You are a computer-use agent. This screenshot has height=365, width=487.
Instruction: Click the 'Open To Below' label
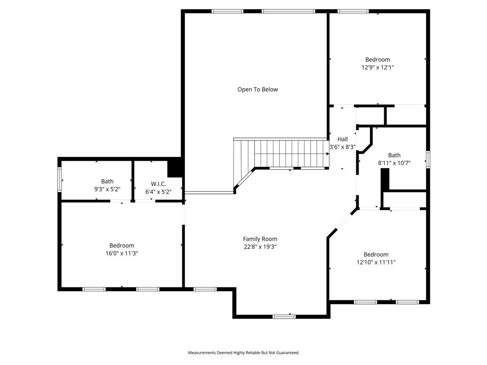click(257, 89)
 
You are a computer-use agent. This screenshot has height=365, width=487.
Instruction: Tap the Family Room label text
click(260, 239)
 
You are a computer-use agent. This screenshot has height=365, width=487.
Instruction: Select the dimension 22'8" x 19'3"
click(260, 247)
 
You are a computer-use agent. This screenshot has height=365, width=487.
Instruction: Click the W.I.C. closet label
click(158, 183)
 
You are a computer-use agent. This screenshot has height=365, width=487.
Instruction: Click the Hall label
click(342, 139)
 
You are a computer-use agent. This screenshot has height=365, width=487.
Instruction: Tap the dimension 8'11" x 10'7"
click(394, 163)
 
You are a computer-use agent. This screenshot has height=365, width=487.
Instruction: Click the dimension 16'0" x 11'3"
click(122, 253)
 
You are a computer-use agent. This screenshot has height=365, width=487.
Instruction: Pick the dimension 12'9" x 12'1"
click(378, 67)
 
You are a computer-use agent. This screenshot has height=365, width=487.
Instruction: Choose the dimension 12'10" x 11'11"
click(376, 262)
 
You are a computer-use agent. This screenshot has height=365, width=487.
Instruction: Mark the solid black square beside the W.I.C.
click(175, 168)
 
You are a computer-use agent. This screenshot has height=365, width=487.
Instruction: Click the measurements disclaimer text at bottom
click(243, 353)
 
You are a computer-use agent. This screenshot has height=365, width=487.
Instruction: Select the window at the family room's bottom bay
click(284, 317)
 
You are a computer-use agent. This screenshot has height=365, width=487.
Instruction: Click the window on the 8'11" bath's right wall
click(428, 159)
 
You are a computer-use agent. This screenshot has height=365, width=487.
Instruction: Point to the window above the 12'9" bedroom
click(353, 11)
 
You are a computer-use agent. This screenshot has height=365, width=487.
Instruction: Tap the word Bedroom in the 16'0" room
click(122, 246)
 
